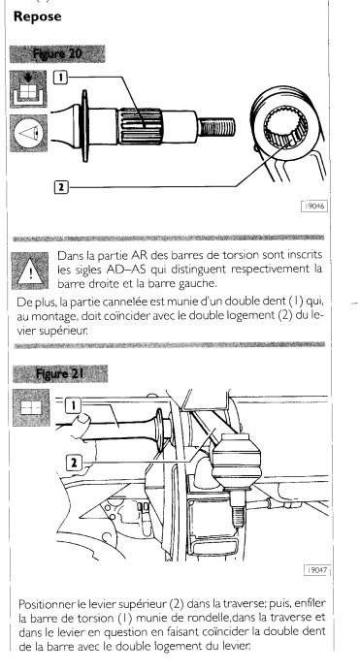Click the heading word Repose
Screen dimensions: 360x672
37,16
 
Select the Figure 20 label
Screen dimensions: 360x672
57,54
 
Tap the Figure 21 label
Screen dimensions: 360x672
59,373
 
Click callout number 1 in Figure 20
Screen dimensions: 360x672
60,78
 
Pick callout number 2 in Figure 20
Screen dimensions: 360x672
61,187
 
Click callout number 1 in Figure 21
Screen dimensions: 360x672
74,405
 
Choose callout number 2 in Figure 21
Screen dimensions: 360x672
74,463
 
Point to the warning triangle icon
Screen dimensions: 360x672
30,271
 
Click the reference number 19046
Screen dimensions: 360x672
314,207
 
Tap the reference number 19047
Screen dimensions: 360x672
317,570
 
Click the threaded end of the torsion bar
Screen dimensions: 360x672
216,127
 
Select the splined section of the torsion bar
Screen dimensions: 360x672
141,126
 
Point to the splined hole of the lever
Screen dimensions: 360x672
286,127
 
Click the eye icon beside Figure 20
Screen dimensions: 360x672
29,133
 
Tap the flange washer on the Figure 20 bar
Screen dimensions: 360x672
84,126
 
